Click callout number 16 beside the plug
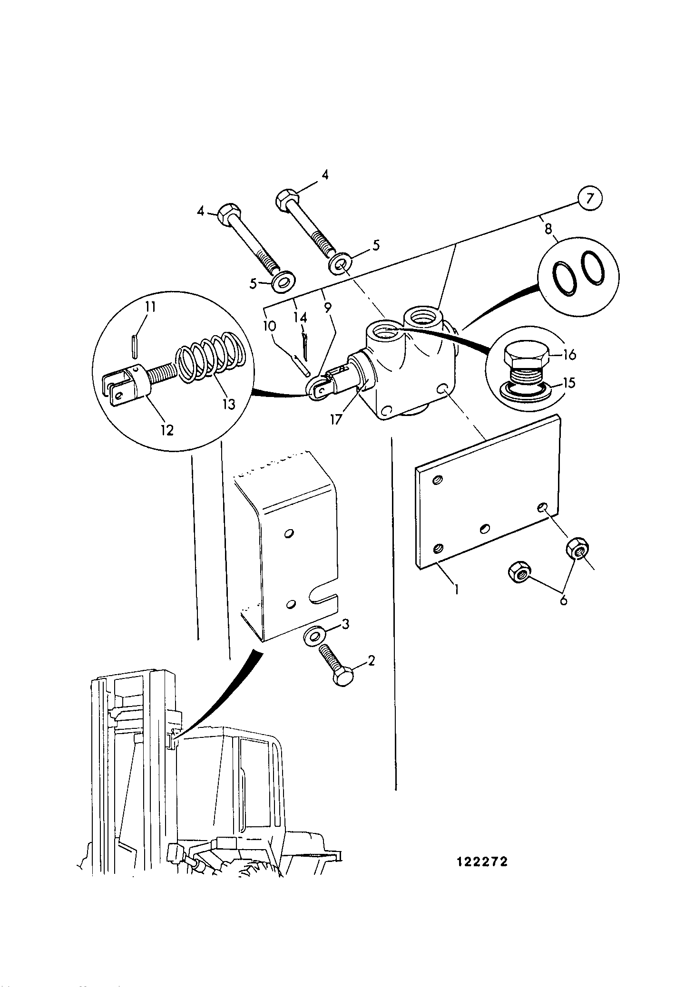click(569, 354)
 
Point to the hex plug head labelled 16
click(525, 354)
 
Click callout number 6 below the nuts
click(563, 600)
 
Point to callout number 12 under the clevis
click(166, 429)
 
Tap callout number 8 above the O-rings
click(548, 229)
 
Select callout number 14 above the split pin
click(302, 317)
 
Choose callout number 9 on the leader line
click(328, 308)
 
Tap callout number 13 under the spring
click(229, 404)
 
